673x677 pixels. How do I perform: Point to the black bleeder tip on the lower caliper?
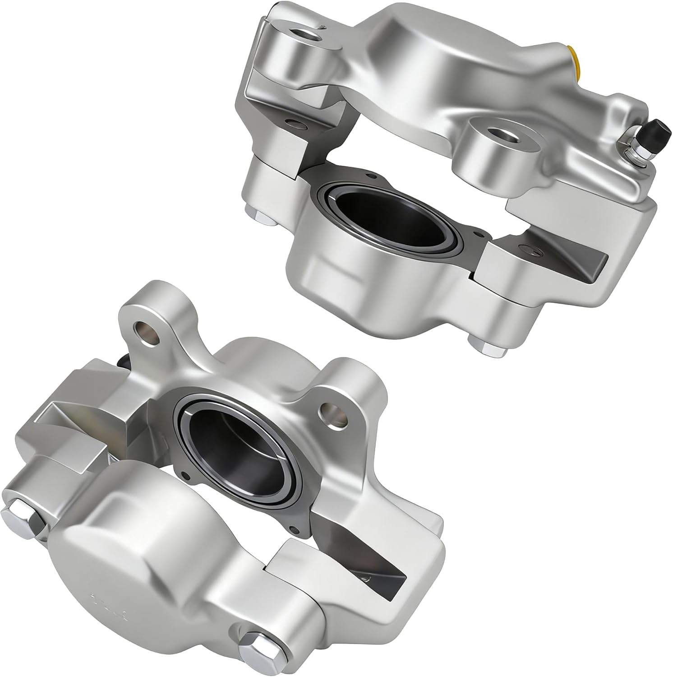coord(122,361)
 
